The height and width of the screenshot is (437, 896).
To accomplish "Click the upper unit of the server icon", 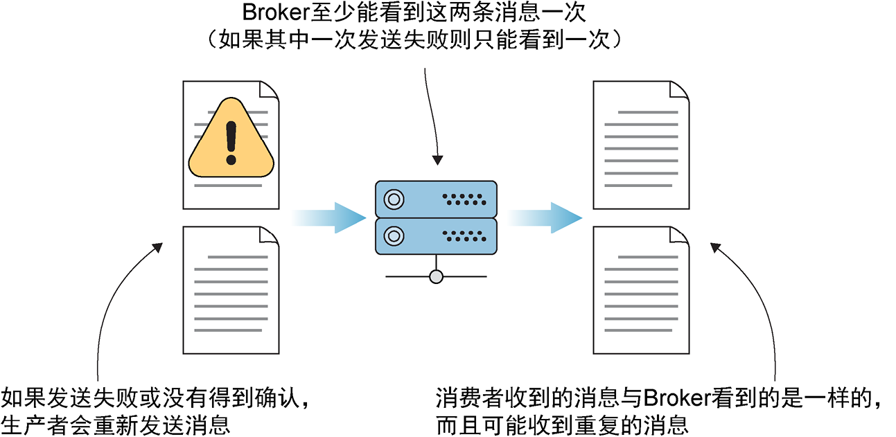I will tap(436, 199).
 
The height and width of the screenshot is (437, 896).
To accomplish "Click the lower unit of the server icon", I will tap(436, 236).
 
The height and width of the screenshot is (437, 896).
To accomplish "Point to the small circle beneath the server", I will tap(436, 277).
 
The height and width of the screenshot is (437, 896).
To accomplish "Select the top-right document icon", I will tap(642, 144).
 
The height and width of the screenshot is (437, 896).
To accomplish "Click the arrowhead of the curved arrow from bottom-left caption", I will tap(159, 247).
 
